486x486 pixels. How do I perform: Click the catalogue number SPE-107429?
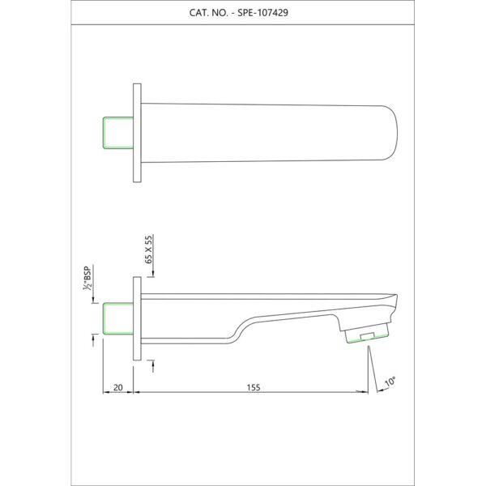[x=262, y=13]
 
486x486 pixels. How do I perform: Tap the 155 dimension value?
[x=254, y=387]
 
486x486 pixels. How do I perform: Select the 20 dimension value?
[x=118, y=387]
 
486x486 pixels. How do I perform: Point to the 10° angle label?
[x=390, y=382]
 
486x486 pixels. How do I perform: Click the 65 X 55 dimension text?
[x=149, y=249]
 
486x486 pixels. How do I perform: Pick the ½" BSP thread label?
[x=87, y=278]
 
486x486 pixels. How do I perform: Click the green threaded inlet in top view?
[x=118, y=133]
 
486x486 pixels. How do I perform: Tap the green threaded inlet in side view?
[x=118, y=318]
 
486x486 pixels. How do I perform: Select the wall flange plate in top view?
[x=137, y=133]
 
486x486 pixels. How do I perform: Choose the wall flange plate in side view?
[x=137, y=318]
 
